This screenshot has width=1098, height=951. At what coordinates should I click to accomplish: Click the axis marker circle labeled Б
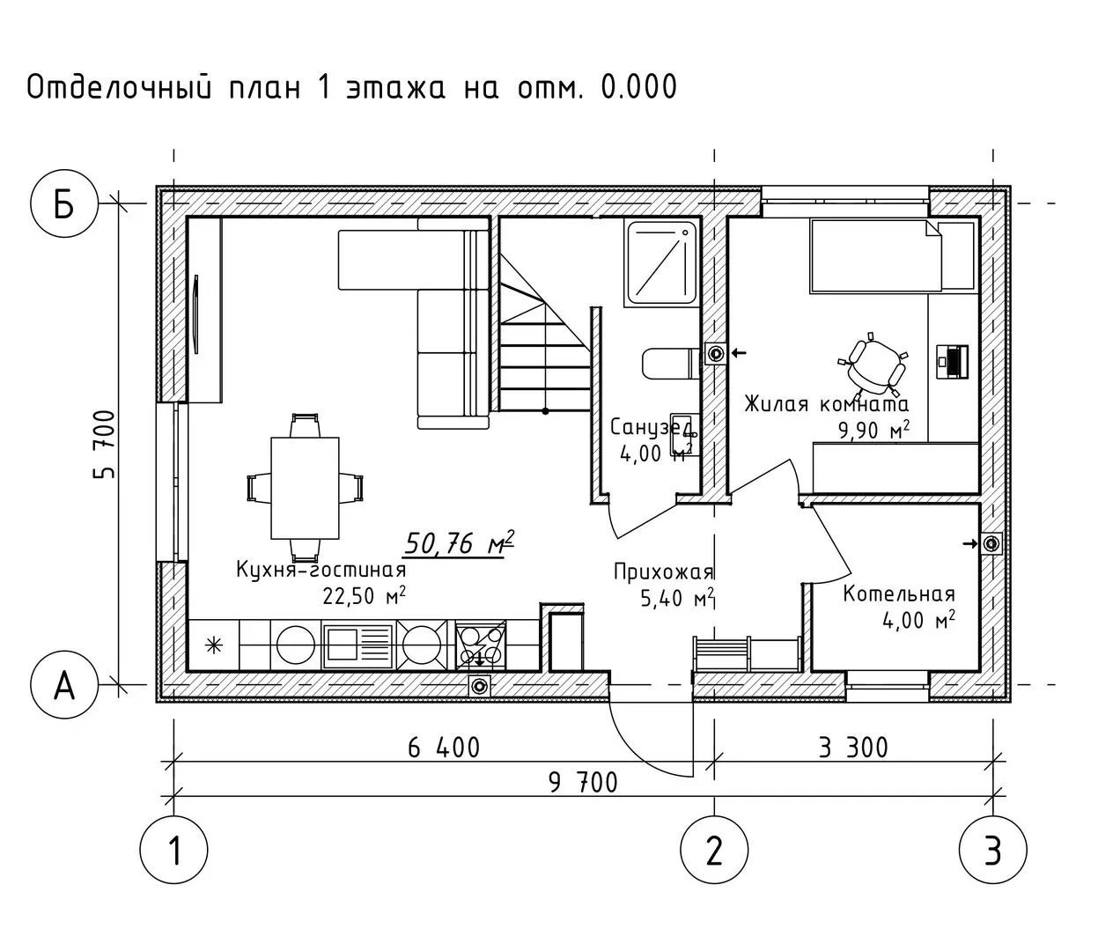pyautogui.click(x=64, y=203)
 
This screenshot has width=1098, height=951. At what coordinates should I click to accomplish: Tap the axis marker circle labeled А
pyautogui.click(x=64, y=685)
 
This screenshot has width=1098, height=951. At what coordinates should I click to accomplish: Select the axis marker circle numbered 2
pyautogui.click(x=714, y=850)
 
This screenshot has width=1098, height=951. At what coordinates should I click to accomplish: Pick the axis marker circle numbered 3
pyautogui.click(x=993, y=850)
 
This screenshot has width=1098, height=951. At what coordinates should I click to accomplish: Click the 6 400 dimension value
pyautogui.click(x=444, y=748)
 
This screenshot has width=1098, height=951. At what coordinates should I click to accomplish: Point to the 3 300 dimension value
pyautogui.click(x=853, y=748)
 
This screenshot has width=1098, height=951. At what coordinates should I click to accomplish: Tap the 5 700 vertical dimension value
pyautogui.click(x=104, y=444)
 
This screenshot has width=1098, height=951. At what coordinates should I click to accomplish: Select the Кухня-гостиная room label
pyautogui.click(x=321, y=570)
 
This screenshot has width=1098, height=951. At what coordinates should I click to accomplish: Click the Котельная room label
pyautogui.click(x=899, y=594)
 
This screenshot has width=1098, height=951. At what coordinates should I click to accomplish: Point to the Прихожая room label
pyautogui.click(x=664, y=571)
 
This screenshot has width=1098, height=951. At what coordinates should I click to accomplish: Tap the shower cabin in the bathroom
pyautogui.click(x=662, y=263)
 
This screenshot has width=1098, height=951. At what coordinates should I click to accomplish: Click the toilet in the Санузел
pyautogui.click(x=671, y=364)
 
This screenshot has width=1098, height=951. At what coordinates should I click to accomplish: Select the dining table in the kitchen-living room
pyautogui.click(x=305, y=488)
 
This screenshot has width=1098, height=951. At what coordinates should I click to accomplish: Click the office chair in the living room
pyautogui.click(x=873, y=365)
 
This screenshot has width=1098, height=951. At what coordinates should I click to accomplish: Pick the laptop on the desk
pyautogui.click(x=952, y=362)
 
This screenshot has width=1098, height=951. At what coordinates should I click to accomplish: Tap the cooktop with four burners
pyautogui.click(x=480, y=645)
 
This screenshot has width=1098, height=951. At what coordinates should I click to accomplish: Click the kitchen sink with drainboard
pyautogui.click(x=358, y=645)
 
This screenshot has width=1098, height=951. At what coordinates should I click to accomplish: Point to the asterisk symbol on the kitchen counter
pyautogui.click(x=214, y=645)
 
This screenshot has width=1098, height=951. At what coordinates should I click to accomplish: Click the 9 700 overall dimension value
pyautogui.click(x=583, y=783)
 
